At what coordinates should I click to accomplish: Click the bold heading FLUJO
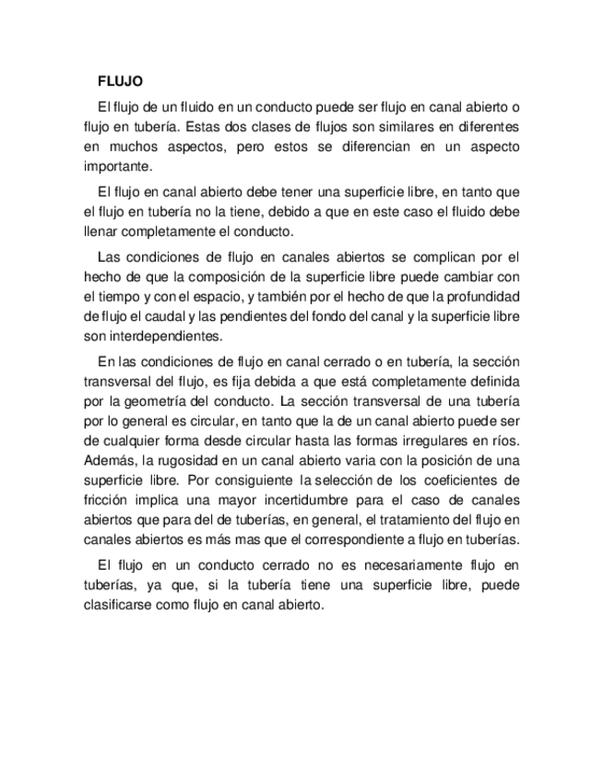click(x=120, y=81)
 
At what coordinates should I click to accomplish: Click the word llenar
click(x=100, y=231)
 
